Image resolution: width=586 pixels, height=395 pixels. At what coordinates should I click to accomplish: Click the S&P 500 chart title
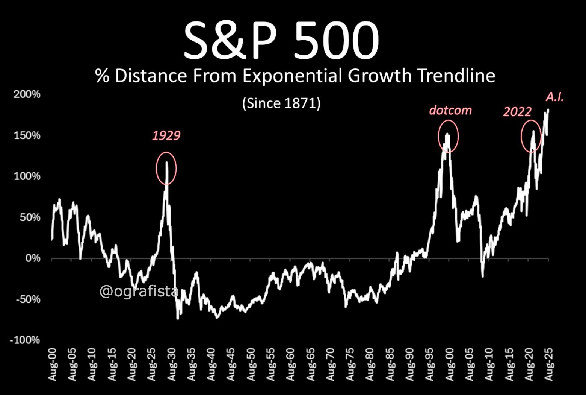point(281,41)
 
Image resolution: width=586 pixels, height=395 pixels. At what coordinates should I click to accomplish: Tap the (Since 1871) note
point(281,103)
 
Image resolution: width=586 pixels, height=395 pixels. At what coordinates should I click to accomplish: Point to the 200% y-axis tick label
point(27,94)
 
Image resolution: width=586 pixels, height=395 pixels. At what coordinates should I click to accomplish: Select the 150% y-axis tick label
point(27,135)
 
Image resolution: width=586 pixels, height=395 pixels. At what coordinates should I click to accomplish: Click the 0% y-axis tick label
point(33,258)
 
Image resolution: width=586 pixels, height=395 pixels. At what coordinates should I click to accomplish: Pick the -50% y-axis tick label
point(28,299)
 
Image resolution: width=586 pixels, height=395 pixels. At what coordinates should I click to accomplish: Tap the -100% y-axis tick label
point(25,340)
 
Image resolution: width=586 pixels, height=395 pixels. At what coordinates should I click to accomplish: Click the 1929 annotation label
point(166,135)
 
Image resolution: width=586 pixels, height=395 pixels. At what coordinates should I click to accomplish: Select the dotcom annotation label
point(450,110)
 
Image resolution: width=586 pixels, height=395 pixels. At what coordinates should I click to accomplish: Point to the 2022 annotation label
point(517,112)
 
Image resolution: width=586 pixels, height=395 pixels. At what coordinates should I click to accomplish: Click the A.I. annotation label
point(554,97)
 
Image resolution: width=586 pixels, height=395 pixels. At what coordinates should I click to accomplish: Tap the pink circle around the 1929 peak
point(166,168)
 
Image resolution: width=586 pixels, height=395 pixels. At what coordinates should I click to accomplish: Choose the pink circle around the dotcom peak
point(448,136)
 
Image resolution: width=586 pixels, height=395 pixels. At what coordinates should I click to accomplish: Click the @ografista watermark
point(139,291)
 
